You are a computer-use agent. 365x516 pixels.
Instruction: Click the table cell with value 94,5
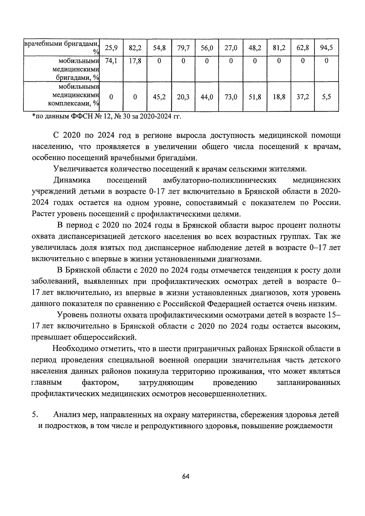[x=326, y=47]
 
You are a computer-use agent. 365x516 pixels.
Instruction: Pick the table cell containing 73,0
[x=231, y=97]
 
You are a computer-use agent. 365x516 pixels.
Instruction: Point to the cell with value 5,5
[x=326, y=97]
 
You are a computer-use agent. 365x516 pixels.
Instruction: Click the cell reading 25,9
[x=111, y=47]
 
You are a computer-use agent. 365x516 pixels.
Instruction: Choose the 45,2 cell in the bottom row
[x=159, y=97]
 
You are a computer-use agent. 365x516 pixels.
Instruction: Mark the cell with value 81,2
[x=279, y=47]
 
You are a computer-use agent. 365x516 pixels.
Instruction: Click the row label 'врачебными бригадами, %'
[x=62, y=47]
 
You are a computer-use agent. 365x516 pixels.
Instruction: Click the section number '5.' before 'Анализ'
[x=34, y=414]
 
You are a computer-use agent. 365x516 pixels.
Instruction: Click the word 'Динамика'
[x=72, y=180]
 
